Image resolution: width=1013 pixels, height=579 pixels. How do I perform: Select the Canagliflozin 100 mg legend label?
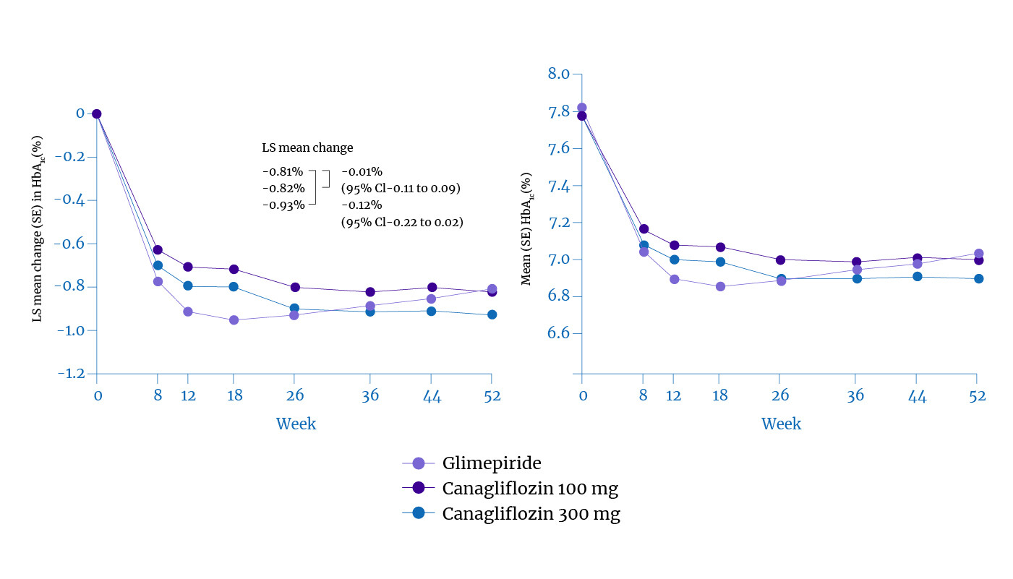pyautogui.click(x=530, y=489)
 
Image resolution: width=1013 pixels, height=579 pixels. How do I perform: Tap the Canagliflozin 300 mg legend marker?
pyautogui.click(x=418, y=514)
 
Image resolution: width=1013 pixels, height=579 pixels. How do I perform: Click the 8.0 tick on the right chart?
pyautogui.click(x=560, y=74)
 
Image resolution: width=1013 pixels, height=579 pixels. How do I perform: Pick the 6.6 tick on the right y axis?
pyautogui.click(x=560, y=333)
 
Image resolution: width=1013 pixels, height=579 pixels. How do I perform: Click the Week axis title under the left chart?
pyautogui.click(x=296, y=423)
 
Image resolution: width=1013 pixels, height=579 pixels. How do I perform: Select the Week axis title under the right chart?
pyautogui.click(x=781, y=423)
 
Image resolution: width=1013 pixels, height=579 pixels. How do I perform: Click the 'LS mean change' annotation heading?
pyautogui.click(x=307, y=148)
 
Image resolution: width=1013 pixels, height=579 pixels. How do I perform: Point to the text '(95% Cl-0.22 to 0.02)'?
pyautogui.click(x=402, y=223)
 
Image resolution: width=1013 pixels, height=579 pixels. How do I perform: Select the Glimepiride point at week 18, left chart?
pyautogui.click(x=234, y=319)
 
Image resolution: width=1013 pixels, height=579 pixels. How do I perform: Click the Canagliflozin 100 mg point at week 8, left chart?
pyautogui.click(x=158, y=250)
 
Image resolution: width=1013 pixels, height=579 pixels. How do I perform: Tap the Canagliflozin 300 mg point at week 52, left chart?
pyautogui.click(x=492, y=314)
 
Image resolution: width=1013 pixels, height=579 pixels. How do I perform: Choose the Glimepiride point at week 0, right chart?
pyautogui.click(x=582, y=108)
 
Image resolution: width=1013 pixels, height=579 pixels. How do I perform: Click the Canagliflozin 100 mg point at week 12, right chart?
pyautogui.click(x=675, y=245)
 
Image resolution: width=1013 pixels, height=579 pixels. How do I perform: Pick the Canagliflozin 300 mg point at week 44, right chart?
pyautogui.click(x=917, y=276)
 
